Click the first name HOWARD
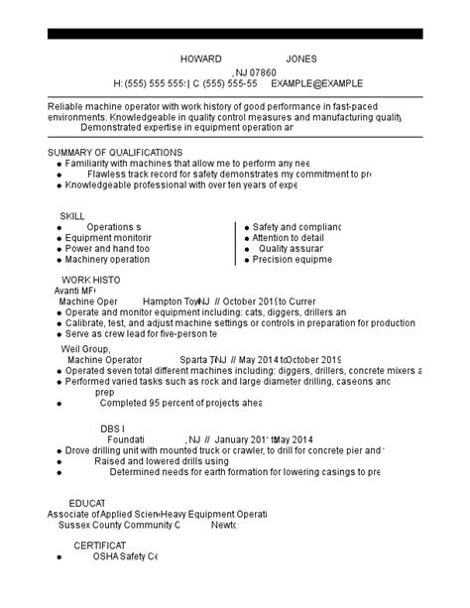click(x=201, y=59)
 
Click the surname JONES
click(x=301, y=59)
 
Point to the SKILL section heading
click(x=72, y=215)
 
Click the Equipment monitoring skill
click(x=108, y=238)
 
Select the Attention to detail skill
click(x=288, y=238)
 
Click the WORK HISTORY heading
click(x=91, y=280)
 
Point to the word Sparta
click(x=193, y=360)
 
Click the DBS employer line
click(x=113, y=427)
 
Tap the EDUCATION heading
click(x=86, y=504)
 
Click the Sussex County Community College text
click(x=119, y=526)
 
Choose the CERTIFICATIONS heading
click(x=99, y=546)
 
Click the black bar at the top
click(x=235, y=34)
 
